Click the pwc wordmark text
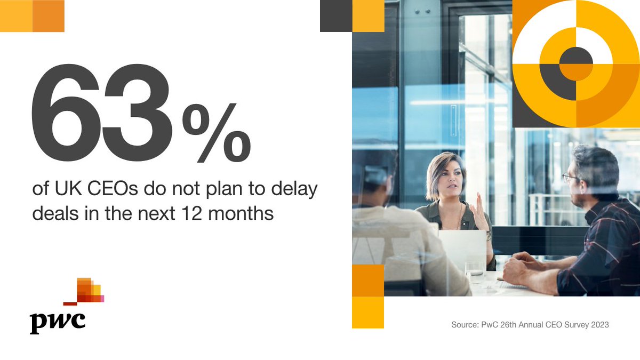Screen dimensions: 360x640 [x=57, y=321]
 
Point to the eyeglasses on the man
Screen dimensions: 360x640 [x=570, y=178]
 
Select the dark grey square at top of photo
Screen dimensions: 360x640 [x=336, y=16]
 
